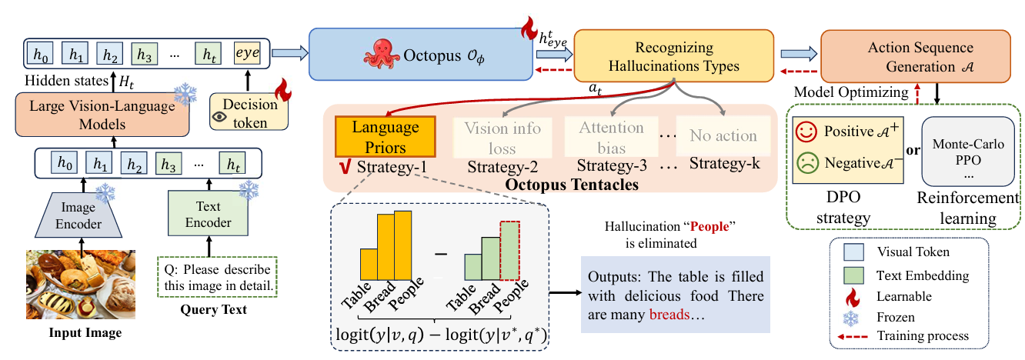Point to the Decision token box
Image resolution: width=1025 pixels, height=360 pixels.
coord(249,113)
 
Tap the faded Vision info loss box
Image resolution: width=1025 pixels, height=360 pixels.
coord(502,136)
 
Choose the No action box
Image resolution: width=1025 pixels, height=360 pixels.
coord(723,136)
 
